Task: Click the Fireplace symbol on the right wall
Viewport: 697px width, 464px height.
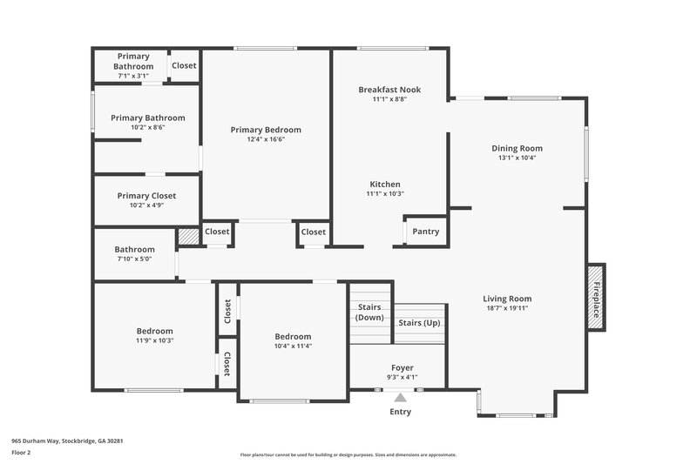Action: [597, 297]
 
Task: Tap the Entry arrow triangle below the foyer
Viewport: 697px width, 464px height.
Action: [400, 398]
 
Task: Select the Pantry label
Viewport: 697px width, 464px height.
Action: [425, 232]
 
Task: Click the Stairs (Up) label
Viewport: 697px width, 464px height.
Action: [419, 323]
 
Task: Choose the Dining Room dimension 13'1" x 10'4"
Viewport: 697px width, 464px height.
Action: [517, 158]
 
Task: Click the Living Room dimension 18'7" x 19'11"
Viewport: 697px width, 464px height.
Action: [507, 307]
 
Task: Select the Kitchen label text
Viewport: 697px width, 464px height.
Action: [385, 184]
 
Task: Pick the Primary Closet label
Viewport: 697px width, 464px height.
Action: [146, 196]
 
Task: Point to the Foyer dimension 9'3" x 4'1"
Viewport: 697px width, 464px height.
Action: [402, 377]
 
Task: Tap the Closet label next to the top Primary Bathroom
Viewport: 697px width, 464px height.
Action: [184, 65]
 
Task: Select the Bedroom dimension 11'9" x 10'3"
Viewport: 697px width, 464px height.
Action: [154, 340]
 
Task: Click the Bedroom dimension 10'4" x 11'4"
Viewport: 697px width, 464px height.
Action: [293, 346]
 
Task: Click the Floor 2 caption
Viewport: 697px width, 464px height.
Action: [22, 453]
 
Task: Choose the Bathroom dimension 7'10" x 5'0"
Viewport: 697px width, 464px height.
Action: [134, 259]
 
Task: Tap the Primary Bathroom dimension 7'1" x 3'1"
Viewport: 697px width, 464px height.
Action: [134, 76]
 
